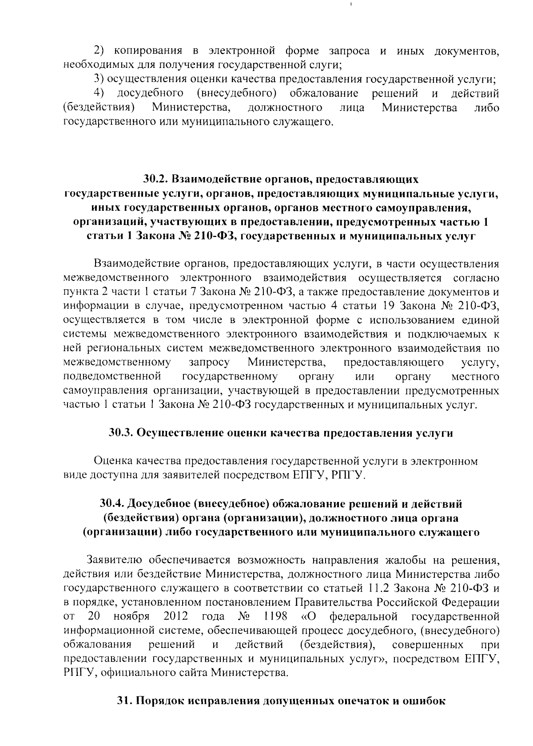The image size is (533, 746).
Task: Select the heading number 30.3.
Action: click(x=121, y=433)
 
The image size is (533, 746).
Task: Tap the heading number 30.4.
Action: click(x=112, y=504)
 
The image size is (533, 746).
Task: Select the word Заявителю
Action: click(x=114, y=560)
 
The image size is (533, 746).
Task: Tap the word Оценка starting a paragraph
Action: click(x=113, y=462)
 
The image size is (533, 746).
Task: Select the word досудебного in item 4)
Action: click(x=151, y=94)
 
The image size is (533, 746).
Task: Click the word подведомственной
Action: click(x=112, y=377)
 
